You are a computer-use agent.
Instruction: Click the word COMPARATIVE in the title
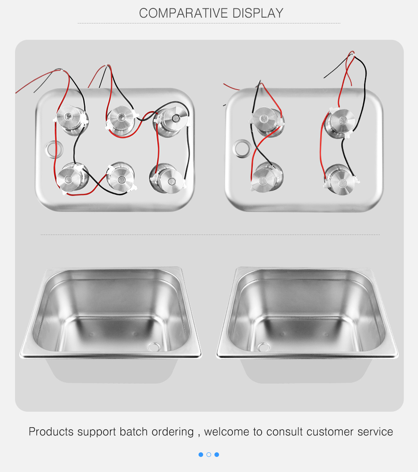pos(184,13)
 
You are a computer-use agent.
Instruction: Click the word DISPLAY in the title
pos(258,13)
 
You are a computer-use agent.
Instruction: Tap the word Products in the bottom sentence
pos(51,432)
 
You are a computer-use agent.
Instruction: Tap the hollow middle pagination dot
pos(209,454)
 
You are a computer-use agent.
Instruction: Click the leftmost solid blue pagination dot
pos(201,454)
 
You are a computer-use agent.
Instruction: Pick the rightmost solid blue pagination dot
pos(217,454)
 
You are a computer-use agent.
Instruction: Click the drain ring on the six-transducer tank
pos(48,149)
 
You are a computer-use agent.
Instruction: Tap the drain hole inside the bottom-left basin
pos(155,347)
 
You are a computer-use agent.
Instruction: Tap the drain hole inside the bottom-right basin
pos(263,347)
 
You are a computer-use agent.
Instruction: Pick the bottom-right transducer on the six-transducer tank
pos(167,178)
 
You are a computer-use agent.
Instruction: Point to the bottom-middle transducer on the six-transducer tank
pos(121,177)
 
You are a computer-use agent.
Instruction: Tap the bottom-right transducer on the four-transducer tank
pos(340,179)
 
